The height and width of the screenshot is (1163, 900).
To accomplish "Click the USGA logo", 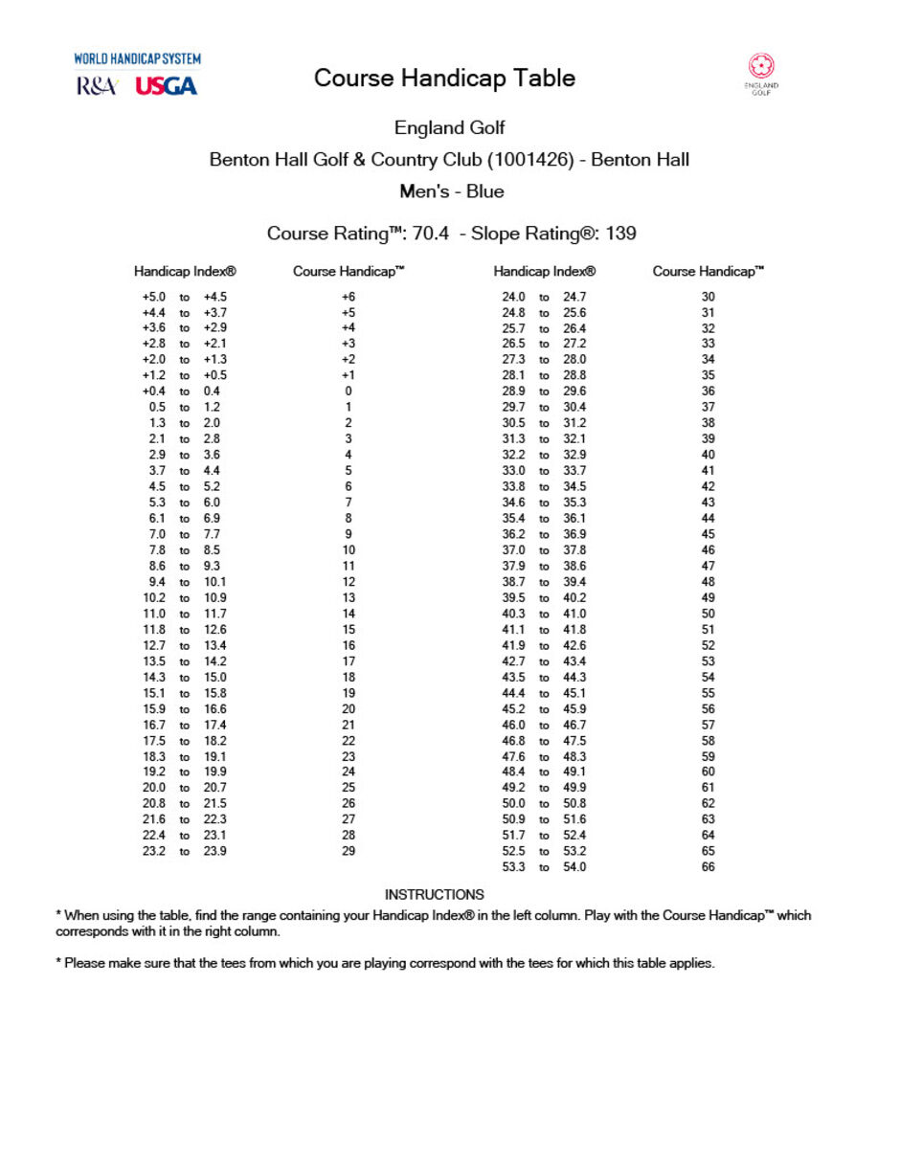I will (166, 86).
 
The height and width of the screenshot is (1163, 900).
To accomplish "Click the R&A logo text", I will (96, 86).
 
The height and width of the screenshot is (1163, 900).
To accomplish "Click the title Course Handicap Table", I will (444, 78).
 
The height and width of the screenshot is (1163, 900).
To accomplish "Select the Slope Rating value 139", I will (620, 234).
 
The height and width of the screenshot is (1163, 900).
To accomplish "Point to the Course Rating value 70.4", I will (430, 234).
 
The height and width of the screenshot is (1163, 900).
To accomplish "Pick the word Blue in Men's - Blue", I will (484, 191).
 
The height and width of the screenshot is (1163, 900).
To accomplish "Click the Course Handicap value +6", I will (349, 297).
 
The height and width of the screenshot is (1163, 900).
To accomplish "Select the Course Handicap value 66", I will (709, 867).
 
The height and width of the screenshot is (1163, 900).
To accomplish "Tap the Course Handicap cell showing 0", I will (349, 391).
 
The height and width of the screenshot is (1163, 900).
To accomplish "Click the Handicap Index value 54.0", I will (574, 867).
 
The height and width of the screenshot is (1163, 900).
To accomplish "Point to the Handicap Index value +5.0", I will (154, 297).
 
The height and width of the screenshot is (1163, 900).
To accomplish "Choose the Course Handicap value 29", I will (349, 851).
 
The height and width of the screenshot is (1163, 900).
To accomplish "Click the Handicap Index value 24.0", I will (514, 297).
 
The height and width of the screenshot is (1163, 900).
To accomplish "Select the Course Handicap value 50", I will (709, 614).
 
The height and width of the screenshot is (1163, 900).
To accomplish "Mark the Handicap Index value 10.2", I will (154, 597).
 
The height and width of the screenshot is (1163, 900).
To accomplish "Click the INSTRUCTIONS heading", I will (434, 894).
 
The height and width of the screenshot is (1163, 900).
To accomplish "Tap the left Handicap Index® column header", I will (185, 272).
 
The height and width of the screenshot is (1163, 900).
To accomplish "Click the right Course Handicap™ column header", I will (709, 272).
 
